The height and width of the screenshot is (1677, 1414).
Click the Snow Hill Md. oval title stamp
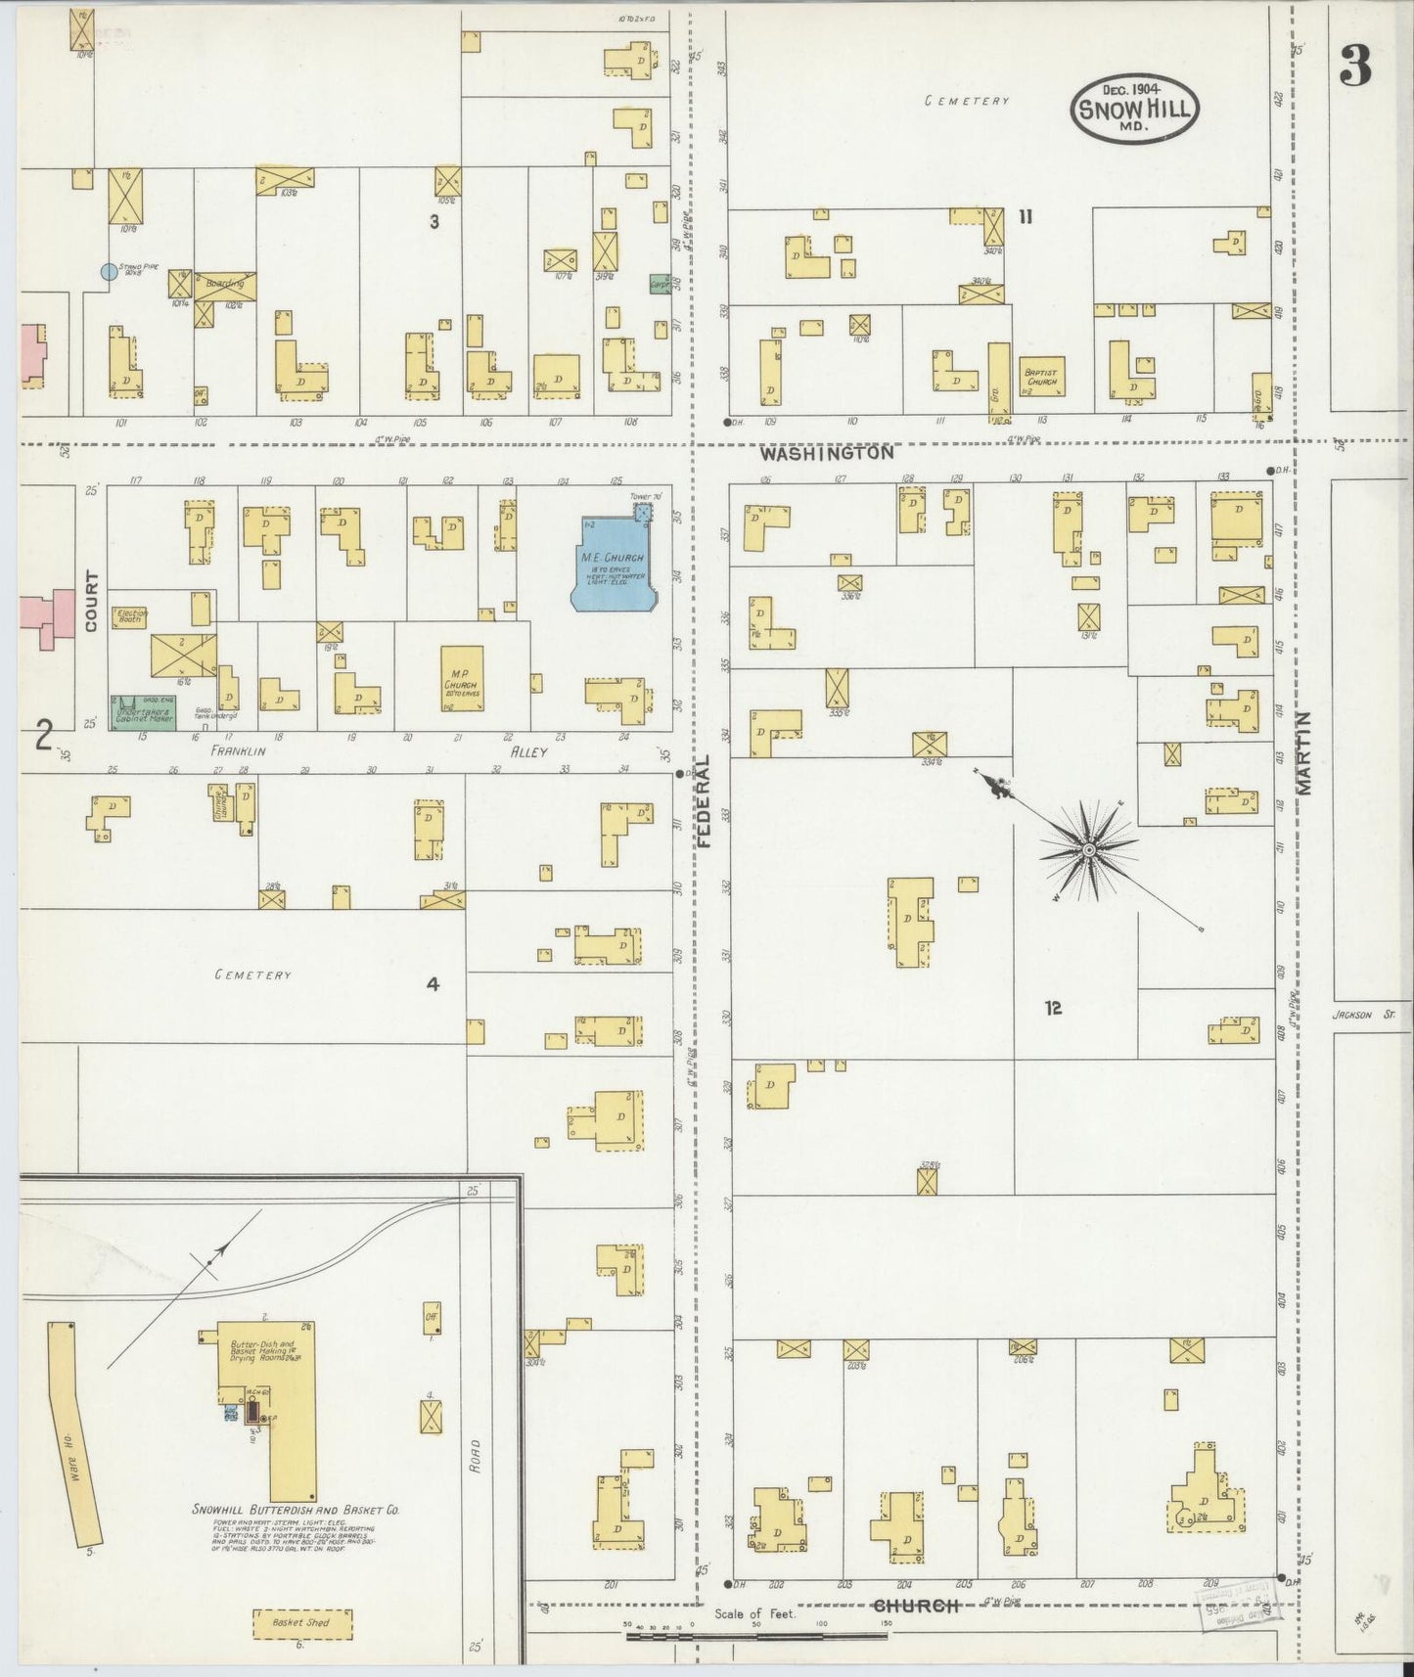click(1134, 109)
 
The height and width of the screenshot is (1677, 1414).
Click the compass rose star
click(1087, 851)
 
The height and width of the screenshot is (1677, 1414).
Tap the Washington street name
click(827, 454)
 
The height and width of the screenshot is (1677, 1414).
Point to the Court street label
click(91, 601)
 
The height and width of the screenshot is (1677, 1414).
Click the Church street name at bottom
click(914, 1606)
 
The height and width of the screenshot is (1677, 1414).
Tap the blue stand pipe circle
click(109, 272)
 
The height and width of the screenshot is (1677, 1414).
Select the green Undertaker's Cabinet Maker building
click(143, 713)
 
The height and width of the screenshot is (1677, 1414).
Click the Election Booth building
click(130, 615)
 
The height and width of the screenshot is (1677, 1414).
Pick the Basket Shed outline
click(302, 1622)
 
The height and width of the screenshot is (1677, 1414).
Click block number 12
click(1053, 1008)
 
